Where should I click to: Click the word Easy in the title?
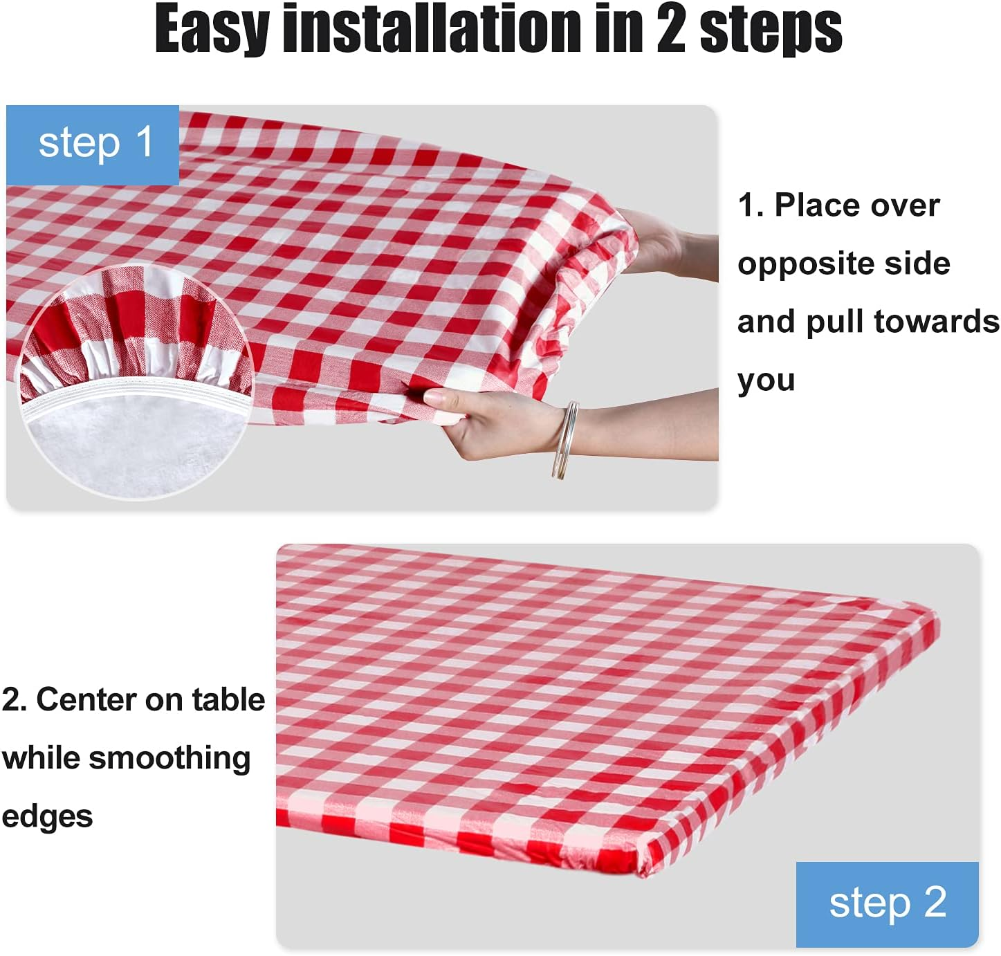click(x=212, y=30)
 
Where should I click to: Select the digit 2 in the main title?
click(x=671, y=28)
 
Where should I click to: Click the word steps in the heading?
click(x=771, y=30)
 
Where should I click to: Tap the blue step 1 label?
click(x=93, y=145)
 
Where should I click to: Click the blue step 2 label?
click(x=887, y=904)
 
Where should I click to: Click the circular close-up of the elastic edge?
click(x=135, y=382)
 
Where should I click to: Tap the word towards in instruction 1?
click(x=936, y=322)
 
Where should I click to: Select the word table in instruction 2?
click(x=228, y=699)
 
